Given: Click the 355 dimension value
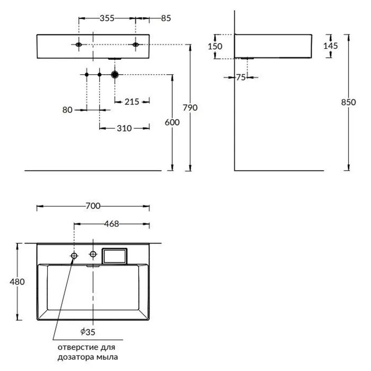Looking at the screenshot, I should tap(108, 19).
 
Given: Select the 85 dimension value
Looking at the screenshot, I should tap(165, 19).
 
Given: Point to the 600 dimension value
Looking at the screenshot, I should tap(172, 122).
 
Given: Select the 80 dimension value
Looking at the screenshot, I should tap(67, 110).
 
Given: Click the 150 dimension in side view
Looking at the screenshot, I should tap(215, 46).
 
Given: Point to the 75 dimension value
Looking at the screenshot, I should tap(241, 77).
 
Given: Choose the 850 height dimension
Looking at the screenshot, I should tap(348, 103).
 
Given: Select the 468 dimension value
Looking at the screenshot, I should tap(112, 224).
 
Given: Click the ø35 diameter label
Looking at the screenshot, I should tap(89, 332).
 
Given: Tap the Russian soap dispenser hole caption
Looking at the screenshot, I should tap(89, 352).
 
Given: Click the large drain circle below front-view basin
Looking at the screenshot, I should tap(115, 75).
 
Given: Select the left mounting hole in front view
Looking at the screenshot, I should tap(79, 45).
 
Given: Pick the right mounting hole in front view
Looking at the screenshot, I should tap(136, 45).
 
